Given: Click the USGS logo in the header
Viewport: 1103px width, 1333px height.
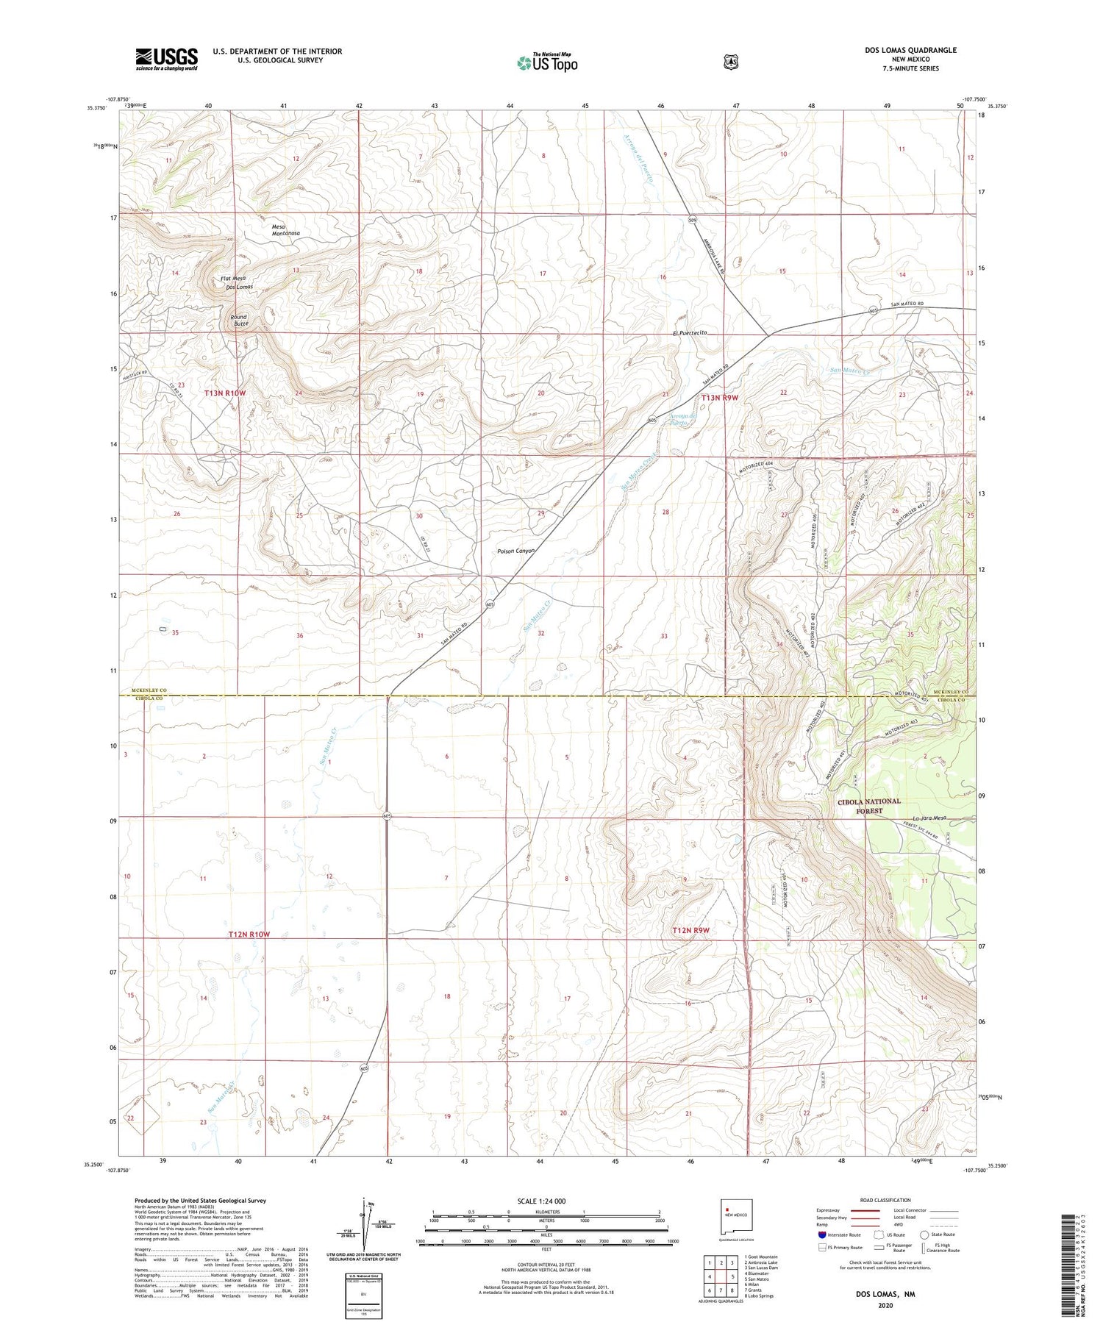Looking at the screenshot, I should coord(166,59).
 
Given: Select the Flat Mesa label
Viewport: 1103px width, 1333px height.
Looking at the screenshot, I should coord(232,279).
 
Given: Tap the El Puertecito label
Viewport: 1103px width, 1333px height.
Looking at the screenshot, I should coord(689,333).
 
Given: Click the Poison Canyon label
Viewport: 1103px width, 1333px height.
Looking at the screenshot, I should coord(516,551).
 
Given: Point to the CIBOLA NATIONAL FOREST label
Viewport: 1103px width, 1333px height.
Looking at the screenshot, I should coord(868,807).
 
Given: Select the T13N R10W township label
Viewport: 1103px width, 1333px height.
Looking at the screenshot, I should coord(225,393).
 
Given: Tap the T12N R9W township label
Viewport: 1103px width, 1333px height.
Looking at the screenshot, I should coord(690,931).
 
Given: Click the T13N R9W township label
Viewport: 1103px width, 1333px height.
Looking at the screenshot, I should coord(719,398).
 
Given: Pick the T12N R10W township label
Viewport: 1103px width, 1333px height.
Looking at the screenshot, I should coord(249,934).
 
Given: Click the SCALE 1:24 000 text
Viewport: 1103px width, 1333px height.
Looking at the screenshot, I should coord(541,1201).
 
